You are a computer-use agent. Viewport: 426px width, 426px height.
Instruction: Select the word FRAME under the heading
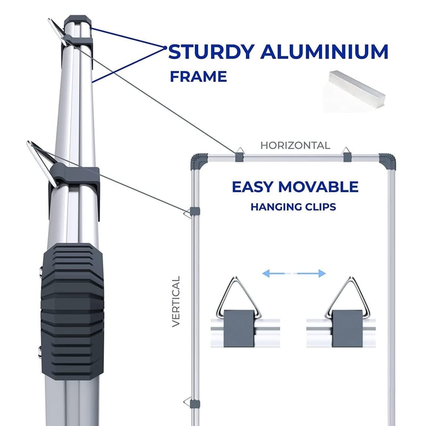pyautogui.click(x=198, y=77)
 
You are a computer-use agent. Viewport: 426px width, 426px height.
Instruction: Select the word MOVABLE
pyautogui.click(x=324, y=187)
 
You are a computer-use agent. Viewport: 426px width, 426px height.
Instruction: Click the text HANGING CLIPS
pyautogui.click(x=293, y=207)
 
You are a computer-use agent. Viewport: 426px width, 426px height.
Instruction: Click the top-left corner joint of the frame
pyautogui.click(x=199, y=158)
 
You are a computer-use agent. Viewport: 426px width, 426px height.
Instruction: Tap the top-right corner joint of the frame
pyautogui.click(x=387, y=159)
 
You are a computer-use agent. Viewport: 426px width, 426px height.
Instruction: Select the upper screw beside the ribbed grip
pyautogui.click(x=42, y=273)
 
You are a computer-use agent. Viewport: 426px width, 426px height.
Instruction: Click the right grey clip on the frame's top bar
pyautogui.click(x=347, y=155)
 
